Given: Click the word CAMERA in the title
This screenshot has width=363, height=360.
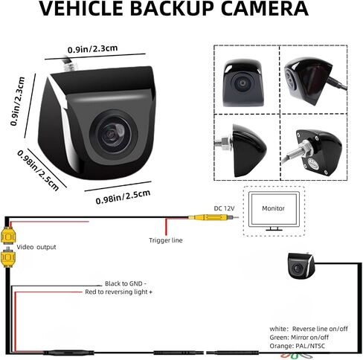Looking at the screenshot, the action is tap(264, 8).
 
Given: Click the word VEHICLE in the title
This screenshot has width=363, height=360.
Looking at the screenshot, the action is tap(81, 8).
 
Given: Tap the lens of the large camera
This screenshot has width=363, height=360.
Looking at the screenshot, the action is tap(114, 134).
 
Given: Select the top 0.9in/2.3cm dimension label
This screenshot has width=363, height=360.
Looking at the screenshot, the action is tap(93, 49).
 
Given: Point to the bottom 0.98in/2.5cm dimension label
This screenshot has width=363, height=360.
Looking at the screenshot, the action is tap(123, 197).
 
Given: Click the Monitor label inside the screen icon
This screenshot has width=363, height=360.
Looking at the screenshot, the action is tap(273, 208).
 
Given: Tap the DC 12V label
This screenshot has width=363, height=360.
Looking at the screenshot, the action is tap(224, 208).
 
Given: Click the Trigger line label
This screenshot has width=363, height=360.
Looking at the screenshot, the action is tap(166, 240).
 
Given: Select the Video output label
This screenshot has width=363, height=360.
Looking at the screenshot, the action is tap(36, 247).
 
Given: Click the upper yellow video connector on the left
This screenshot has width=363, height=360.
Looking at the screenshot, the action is tap(8, 236).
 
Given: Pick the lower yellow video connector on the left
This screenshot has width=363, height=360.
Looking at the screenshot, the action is tap(8, 258).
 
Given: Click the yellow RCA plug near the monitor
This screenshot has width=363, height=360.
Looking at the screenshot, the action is tap(211, 218).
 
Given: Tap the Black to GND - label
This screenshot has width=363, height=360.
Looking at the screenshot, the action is tap(126, 283).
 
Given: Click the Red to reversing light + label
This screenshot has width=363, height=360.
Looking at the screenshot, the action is tap(118, 292).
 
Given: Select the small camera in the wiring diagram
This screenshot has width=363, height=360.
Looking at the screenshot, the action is tap(301, 266).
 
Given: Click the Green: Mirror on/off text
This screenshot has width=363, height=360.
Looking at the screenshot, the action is tap(299, 338).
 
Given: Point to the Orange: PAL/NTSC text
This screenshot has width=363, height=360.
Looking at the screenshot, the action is tap(297, 346).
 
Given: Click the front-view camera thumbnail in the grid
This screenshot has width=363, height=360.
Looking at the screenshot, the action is tap(243, 83).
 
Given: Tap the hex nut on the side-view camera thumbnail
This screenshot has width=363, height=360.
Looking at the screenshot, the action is tap(226, 144).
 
